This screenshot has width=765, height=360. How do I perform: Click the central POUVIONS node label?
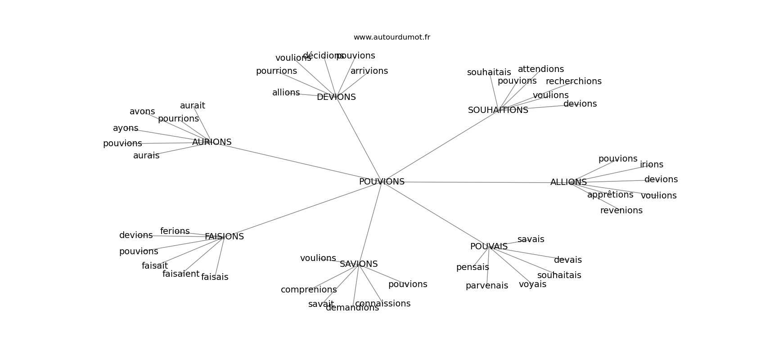[382, 182]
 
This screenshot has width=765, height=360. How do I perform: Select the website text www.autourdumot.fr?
[391, 37]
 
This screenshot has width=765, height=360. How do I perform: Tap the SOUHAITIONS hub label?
[498, 110]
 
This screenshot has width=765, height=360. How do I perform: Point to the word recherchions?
[573, 81]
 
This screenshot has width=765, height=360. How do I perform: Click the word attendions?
[540, 69]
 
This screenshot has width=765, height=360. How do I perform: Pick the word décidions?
[323, 56]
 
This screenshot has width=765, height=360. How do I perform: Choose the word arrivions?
[369, 71]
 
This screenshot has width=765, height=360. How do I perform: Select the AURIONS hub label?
[211, 142]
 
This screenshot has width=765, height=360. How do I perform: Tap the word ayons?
[126, 128]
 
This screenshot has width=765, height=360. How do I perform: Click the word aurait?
[192, 106]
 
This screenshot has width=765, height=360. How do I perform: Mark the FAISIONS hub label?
[224, 237]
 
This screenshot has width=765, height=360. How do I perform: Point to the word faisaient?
[180, 274]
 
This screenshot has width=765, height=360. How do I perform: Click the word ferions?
[175, 231]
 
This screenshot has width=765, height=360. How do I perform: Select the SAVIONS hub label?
[359, 264]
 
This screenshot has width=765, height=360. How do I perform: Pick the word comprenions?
[309, 290]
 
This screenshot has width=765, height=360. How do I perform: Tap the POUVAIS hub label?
[489, 247]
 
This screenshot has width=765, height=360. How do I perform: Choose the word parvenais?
[486, 286]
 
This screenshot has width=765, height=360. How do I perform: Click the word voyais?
[532, 284]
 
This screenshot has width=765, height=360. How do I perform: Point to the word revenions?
[621, 211]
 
